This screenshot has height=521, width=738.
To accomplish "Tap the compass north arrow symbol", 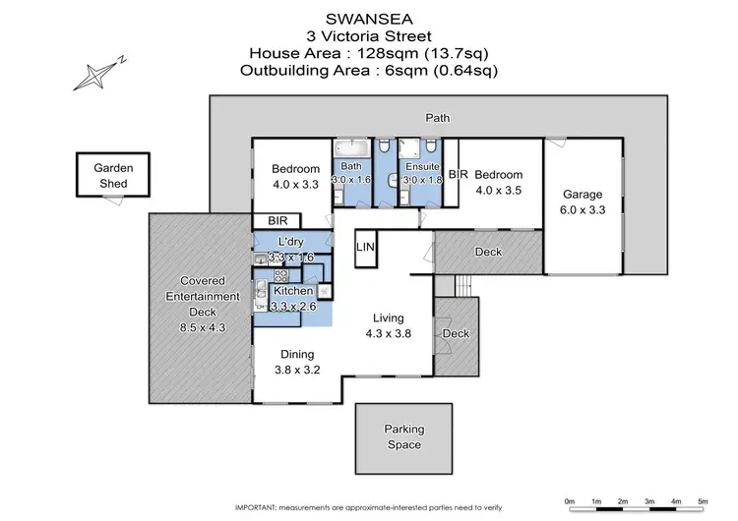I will pyautogui.click(x=99, y=73).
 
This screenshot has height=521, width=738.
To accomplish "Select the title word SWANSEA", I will pyautogui.click(x=369, y=19).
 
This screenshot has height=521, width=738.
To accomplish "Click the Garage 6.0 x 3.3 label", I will pyautogui.click(x=583, y=202).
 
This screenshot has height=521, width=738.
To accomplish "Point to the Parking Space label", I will pyautogui.click(x=403, y=437).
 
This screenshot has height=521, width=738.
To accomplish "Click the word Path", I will pyautogui.click(x=438, y=118).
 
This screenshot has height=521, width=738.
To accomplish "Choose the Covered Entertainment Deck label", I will pyautogui.click(x=201, y=296).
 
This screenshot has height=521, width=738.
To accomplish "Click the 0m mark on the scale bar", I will pyautogui.click(x=570, y=501).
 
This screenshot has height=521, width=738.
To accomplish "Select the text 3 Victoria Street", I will pyautogui.click(x=369, y=36).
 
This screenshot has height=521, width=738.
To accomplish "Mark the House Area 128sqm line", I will pyautogui.click(x=369, y=53).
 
